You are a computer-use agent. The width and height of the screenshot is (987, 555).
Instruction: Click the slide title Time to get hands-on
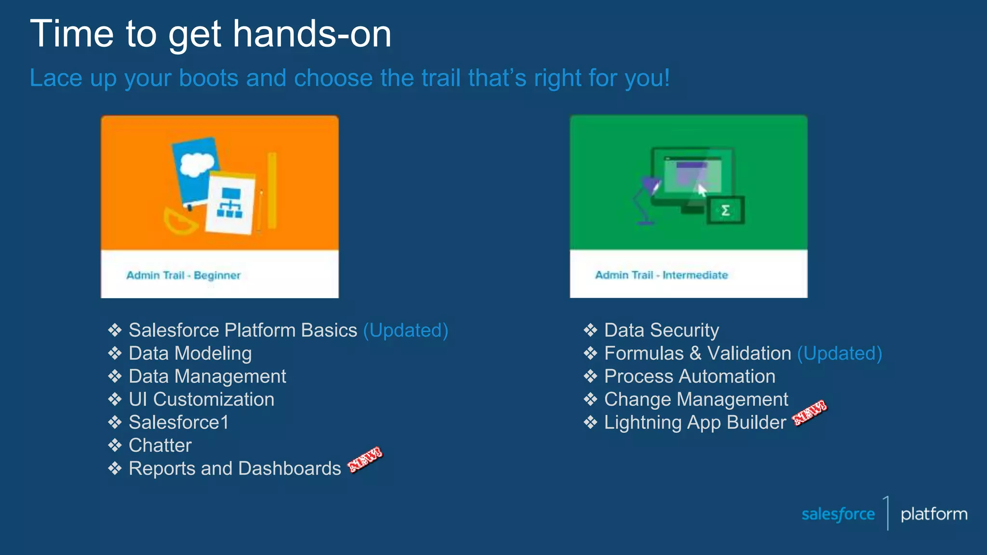coord(211,34)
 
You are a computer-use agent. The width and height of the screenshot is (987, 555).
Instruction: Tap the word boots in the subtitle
coord(208,78)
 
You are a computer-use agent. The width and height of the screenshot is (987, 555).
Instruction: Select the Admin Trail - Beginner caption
coord(183,275)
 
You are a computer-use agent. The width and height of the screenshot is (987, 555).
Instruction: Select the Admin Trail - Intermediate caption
coord(661,275)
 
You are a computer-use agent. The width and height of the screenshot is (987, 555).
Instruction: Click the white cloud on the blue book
coord(196,163)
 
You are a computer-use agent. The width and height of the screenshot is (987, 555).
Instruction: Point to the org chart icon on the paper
coord(230,203)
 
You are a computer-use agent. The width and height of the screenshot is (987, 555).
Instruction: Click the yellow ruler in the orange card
coord(272,190)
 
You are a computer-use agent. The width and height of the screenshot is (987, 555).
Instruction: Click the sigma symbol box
coord(726,210)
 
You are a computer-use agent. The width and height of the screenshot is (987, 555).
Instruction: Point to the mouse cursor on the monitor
coord(702,190)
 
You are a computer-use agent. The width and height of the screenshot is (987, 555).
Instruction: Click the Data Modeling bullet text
coord(190,353)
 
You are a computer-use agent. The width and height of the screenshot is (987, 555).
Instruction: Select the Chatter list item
coord(160,445)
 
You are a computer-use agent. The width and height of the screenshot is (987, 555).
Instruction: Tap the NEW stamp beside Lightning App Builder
coord(810,413)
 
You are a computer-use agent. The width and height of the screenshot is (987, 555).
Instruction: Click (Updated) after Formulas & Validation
coord(839,353)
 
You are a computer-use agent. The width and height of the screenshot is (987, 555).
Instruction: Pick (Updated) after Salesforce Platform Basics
coord(405,330)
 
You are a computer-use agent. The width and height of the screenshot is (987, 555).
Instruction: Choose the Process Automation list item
coord(689,376)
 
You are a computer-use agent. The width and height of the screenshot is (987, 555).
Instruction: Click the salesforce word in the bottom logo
coord(838,514)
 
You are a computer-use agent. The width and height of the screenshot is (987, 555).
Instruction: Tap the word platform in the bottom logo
coord(934,514)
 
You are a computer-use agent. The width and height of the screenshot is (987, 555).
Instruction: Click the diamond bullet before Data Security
coord(590,330)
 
